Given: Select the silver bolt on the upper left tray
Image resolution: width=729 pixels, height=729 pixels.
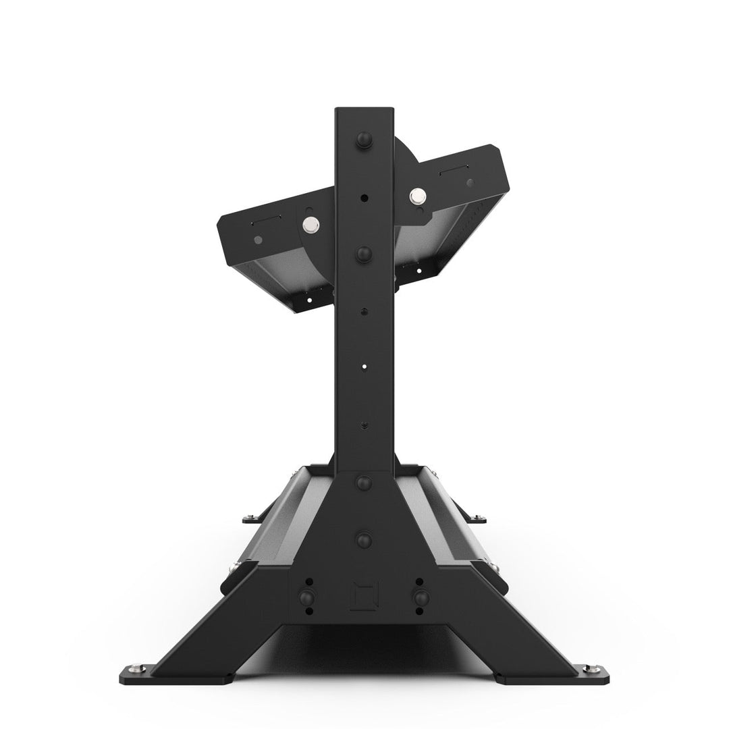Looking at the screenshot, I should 311,224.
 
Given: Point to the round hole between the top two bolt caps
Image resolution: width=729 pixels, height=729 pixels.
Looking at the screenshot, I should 364,198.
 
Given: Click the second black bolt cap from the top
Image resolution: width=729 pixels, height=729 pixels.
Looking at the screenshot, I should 364,254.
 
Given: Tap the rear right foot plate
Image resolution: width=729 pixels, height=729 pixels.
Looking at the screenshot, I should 477,518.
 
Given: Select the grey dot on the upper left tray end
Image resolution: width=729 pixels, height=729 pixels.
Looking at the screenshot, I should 258,239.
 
